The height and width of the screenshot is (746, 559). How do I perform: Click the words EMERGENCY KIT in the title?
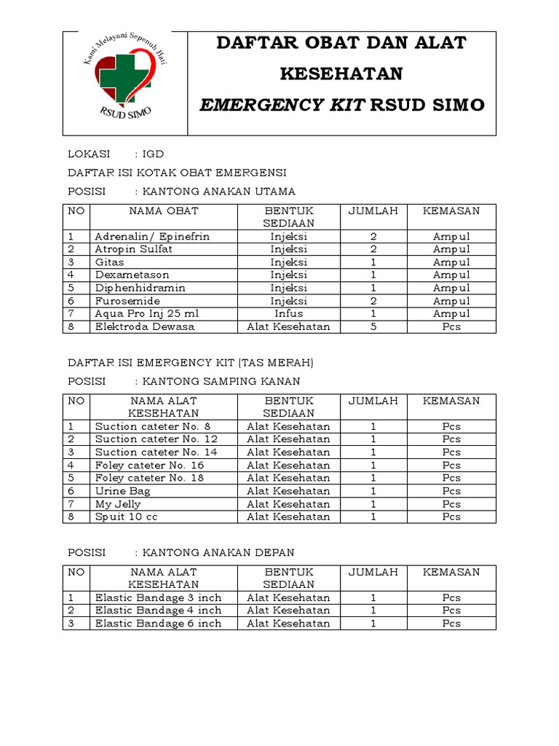(x=282, y=105)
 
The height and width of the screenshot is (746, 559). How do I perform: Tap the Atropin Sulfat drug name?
(x=133, y=249)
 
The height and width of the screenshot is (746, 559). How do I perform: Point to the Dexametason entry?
(x=132, y=275)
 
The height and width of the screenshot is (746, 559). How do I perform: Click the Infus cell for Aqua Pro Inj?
(x=288, y=314)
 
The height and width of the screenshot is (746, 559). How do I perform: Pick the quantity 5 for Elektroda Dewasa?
(x=373, y=327)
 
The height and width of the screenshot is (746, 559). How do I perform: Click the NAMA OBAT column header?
(x=163, y=211)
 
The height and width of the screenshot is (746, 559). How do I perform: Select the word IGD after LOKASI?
(x=153, y=154)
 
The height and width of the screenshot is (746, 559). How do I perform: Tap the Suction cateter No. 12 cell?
(x=156, y=439)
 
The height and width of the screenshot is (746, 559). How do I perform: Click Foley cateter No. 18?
(x=149, y=478)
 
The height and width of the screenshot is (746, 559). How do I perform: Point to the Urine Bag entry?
(x=122, y=491)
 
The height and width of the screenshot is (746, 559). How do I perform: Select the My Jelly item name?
(x=118, y=504)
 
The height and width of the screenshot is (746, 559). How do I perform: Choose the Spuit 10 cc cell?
(x=126, y=517)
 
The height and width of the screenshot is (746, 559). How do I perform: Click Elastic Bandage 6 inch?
(x=158, y=624)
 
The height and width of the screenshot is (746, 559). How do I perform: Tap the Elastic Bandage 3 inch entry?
(x=158, y=597)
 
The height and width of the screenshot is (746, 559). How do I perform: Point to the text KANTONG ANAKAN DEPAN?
(x=218, y=553)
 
